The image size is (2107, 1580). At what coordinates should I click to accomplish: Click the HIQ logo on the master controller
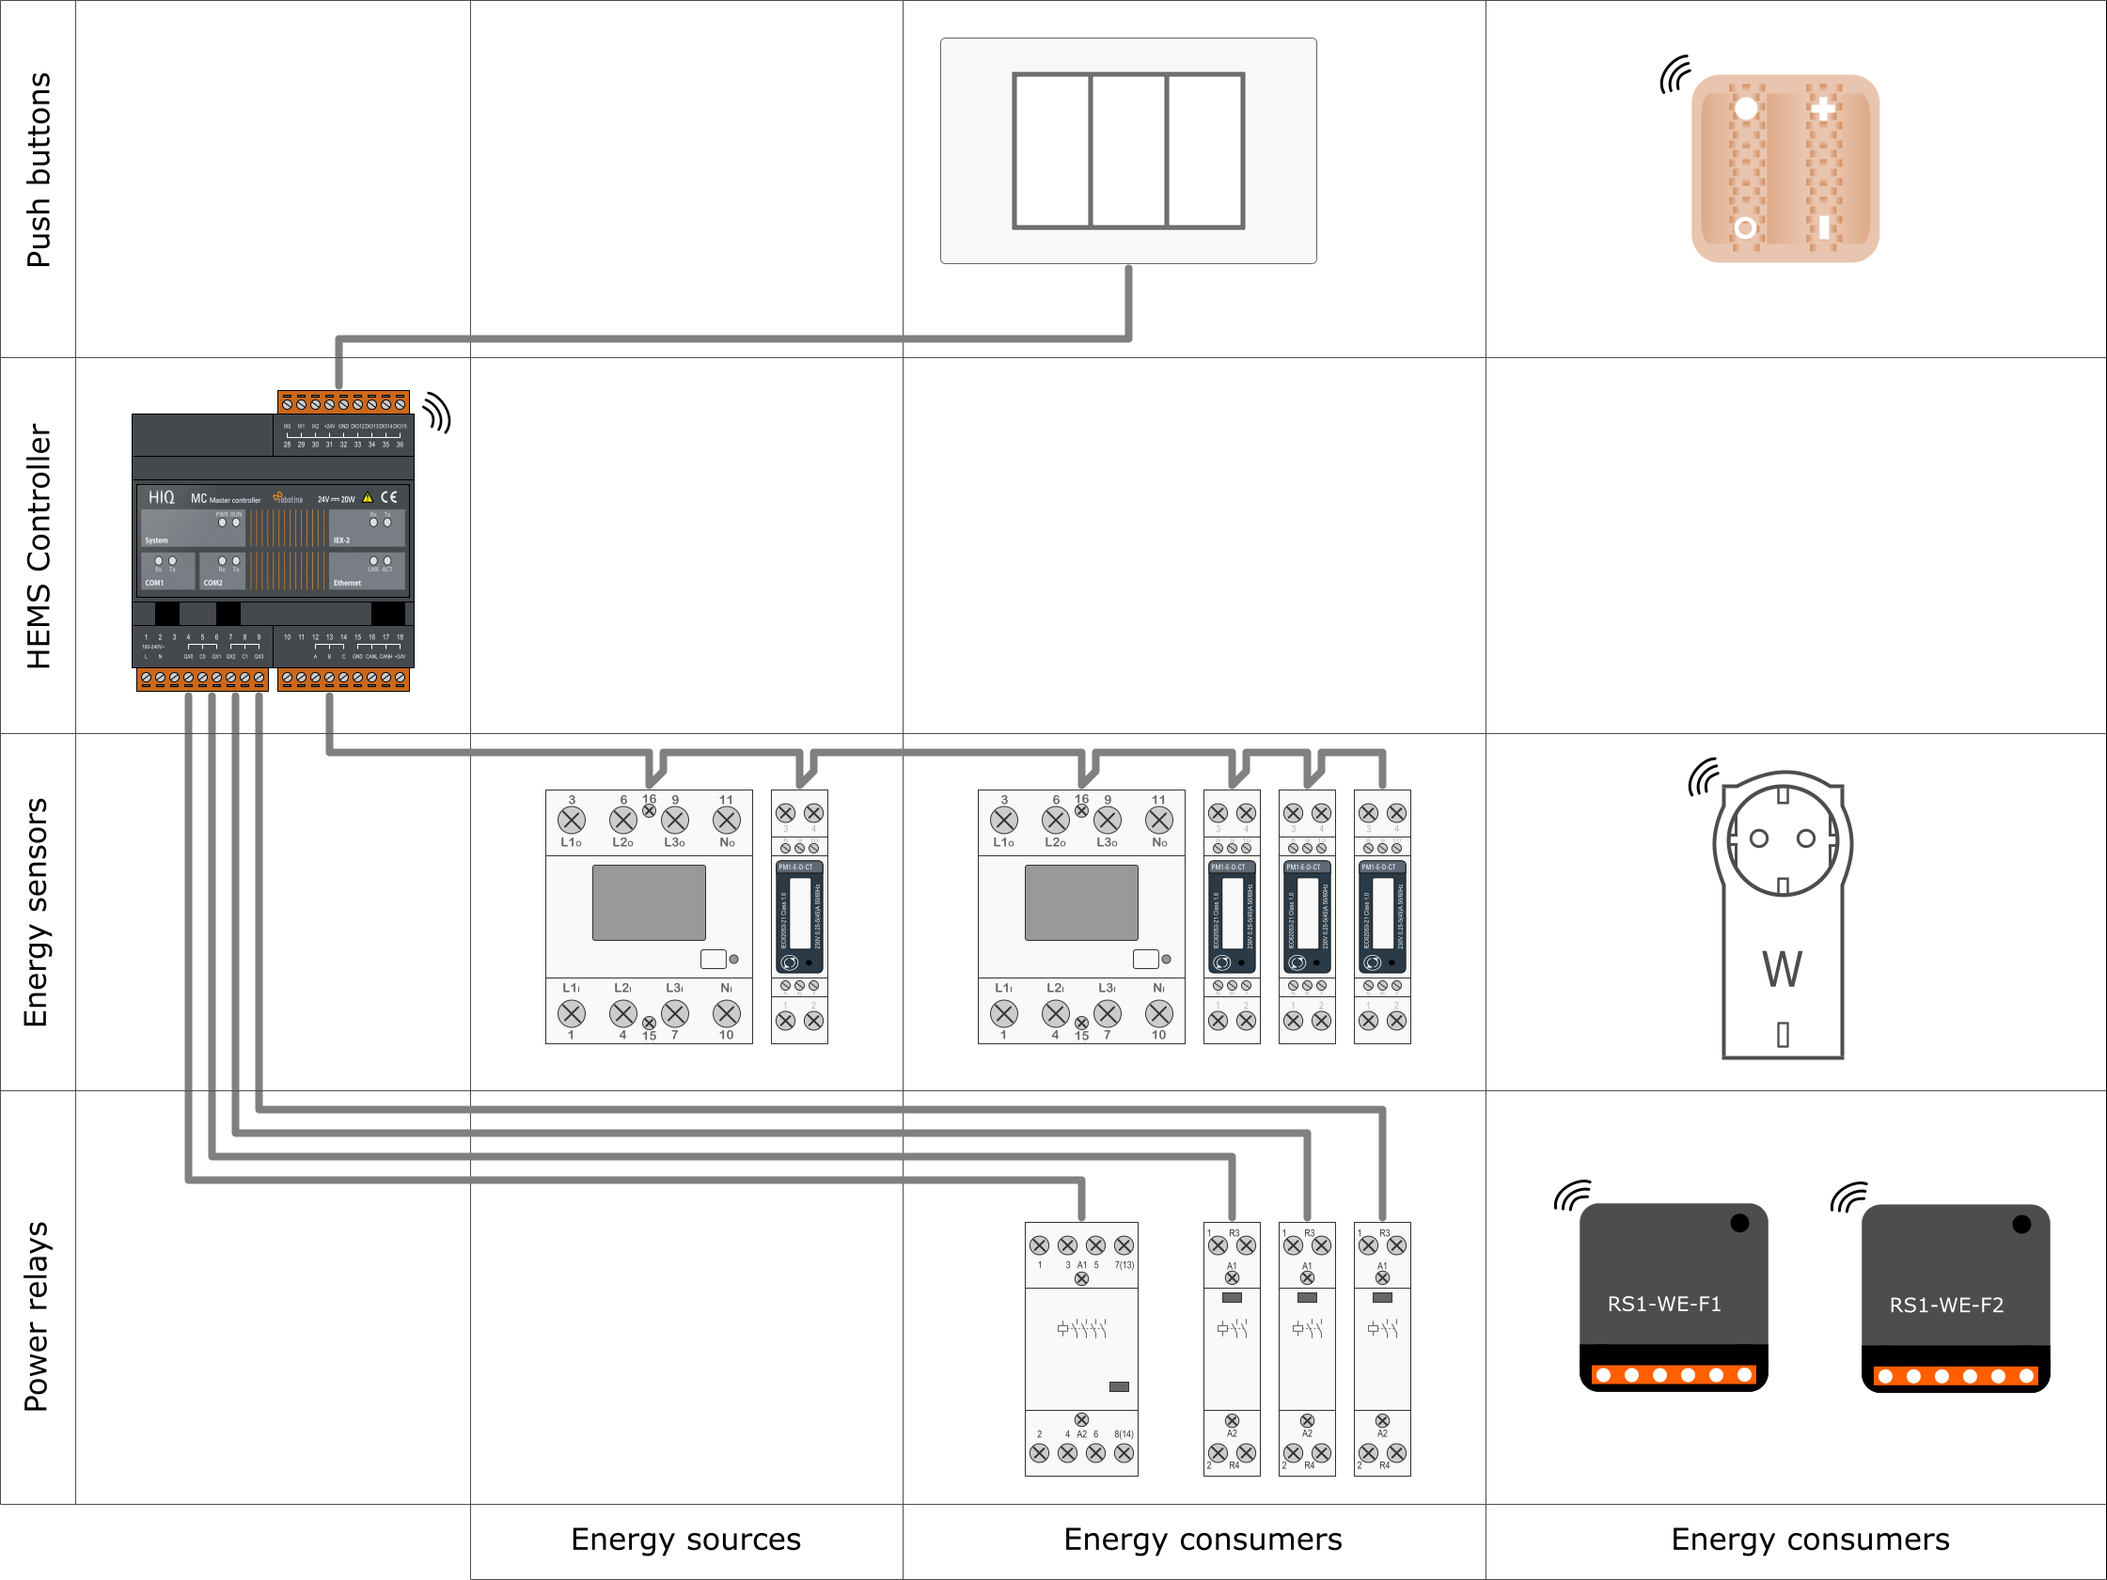click(x=161, y=497)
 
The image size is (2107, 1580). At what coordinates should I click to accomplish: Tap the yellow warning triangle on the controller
click(x=368, y=497)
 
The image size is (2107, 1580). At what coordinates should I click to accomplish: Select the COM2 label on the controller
click(x=213, y=583)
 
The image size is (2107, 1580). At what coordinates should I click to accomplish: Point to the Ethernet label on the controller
click(x=348, y=583)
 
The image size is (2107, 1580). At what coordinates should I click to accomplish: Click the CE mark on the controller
click(x=389, y=497)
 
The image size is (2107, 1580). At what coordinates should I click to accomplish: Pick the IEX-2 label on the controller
click(x=341, y=540)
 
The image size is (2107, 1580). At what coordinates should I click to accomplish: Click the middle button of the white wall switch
click(x=1128, y=150)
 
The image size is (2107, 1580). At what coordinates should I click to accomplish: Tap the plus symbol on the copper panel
click(x=1823, y=109)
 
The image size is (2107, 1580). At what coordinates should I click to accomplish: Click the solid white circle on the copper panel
click(x=1746, y=109)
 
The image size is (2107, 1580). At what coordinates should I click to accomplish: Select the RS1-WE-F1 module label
click(x=1664, y=1304)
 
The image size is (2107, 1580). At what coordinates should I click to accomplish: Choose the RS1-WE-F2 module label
click(x=1946, y=1305)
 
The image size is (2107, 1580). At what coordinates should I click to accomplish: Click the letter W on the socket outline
click(x=1783, y=969)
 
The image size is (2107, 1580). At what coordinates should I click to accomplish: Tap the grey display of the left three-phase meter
click(x=649, y=902)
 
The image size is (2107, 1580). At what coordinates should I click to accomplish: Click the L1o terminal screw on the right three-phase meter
click(x=1004, y=820)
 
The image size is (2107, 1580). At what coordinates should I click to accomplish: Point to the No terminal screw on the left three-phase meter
click(x=727, y=820)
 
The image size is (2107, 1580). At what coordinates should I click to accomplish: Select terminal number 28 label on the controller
click(x=287, y=445)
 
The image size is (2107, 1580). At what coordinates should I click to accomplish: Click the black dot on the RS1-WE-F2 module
click(x=2021, y=1225)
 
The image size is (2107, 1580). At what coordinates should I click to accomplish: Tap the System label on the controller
click(x=156, y=540)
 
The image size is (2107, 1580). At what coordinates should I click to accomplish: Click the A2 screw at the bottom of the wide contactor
click(x=1081, y=1420)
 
